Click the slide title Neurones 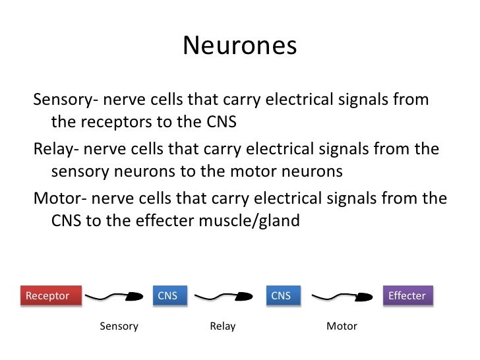[x=239, y=46]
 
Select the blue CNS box [x=168, y=295]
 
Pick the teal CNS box [x=281, y=295]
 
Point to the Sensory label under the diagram [x=119, y=326]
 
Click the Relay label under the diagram [x=223, y=326]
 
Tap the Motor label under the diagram [x=342, y=326]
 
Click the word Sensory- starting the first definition [x=66, y=100]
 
